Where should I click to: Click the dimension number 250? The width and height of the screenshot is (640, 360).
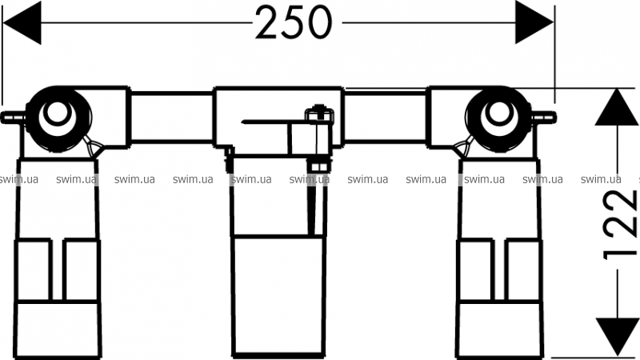[x=294, y=23]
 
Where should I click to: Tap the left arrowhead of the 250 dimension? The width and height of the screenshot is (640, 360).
[x=22, y=23]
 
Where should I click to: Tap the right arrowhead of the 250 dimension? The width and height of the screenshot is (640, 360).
[x=534, y=23]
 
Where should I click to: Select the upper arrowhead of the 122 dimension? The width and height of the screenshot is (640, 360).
[x=617, y=107]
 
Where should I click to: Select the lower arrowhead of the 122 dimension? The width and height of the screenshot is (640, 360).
[x=617, y=337]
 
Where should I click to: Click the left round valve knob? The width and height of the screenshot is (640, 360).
[x=58, y=119]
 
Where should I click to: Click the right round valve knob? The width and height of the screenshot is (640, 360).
[x=498, y=119]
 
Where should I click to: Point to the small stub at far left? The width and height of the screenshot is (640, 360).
[x=12, y=118]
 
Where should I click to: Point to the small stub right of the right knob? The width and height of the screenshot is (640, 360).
[x=545, y=118]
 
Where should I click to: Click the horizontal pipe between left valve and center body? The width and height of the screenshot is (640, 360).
[x=171, y=118]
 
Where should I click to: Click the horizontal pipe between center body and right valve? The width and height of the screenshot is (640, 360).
[x=386, y=118]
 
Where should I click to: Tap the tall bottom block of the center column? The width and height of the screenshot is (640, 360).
[x=278, y=296]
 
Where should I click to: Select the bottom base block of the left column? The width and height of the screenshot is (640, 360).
[x=57, y=330]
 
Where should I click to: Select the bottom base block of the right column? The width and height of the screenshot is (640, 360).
[x=498, y=330]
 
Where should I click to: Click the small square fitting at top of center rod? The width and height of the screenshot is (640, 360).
[x=319, y=114]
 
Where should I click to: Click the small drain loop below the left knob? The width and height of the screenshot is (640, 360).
[x=92, y=146]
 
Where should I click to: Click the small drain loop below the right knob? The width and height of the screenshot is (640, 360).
[x=465, y=146]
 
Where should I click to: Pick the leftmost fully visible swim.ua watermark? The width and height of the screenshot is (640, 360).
[x=76, y=179]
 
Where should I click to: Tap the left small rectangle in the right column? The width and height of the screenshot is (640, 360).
[x=475, y=270]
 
